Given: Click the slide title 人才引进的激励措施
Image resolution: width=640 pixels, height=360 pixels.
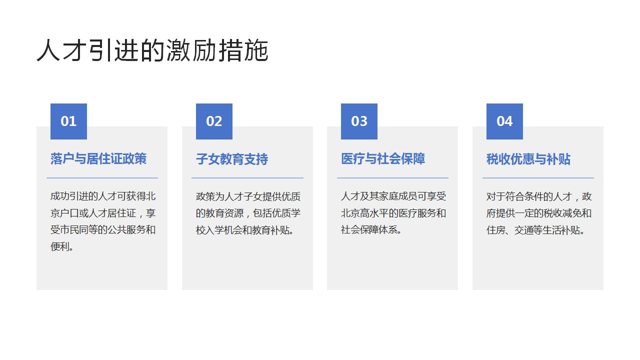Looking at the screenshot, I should pyautogui.click(x=152, y=50).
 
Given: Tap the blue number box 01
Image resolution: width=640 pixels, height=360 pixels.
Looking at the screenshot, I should pyautogui.click(x=68, y=121).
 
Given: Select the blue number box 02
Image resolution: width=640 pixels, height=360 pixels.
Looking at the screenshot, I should pyautogui.click(x=214, y=121).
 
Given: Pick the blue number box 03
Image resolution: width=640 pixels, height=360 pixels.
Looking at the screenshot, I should pyautogui.click(x=359, y=121).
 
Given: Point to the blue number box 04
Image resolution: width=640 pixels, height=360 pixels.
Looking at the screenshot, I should pyautogui.click(x=504, y=121).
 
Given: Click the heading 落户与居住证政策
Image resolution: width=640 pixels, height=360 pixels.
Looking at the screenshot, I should pyautogui.click(x=98, y=159).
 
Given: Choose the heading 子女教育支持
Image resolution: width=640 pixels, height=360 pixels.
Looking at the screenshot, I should pyautogui.click(x=232, y=159).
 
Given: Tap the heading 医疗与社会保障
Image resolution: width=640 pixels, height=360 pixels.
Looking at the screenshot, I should pyautogui.click(x=383, y=159).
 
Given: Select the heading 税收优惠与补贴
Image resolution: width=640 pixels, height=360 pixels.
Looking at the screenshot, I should pyautogui.click(x=528, y=159).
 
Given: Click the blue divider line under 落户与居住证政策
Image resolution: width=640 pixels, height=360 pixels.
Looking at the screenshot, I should pyautogui.click(x=102, y=177).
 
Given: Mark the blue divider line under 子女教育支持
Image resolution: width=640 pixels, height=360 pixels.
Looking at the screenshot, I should pyautogui.click(x=247, y=177).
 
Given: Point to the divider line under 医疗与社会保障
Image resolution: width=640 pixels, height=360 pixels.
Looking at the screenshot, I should pyautogui.click(x=392, y=177).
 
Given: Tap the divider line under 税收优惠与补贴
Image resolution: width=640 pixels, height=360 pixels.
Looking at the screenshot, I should pyautogui.click(x=538, y=177).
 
